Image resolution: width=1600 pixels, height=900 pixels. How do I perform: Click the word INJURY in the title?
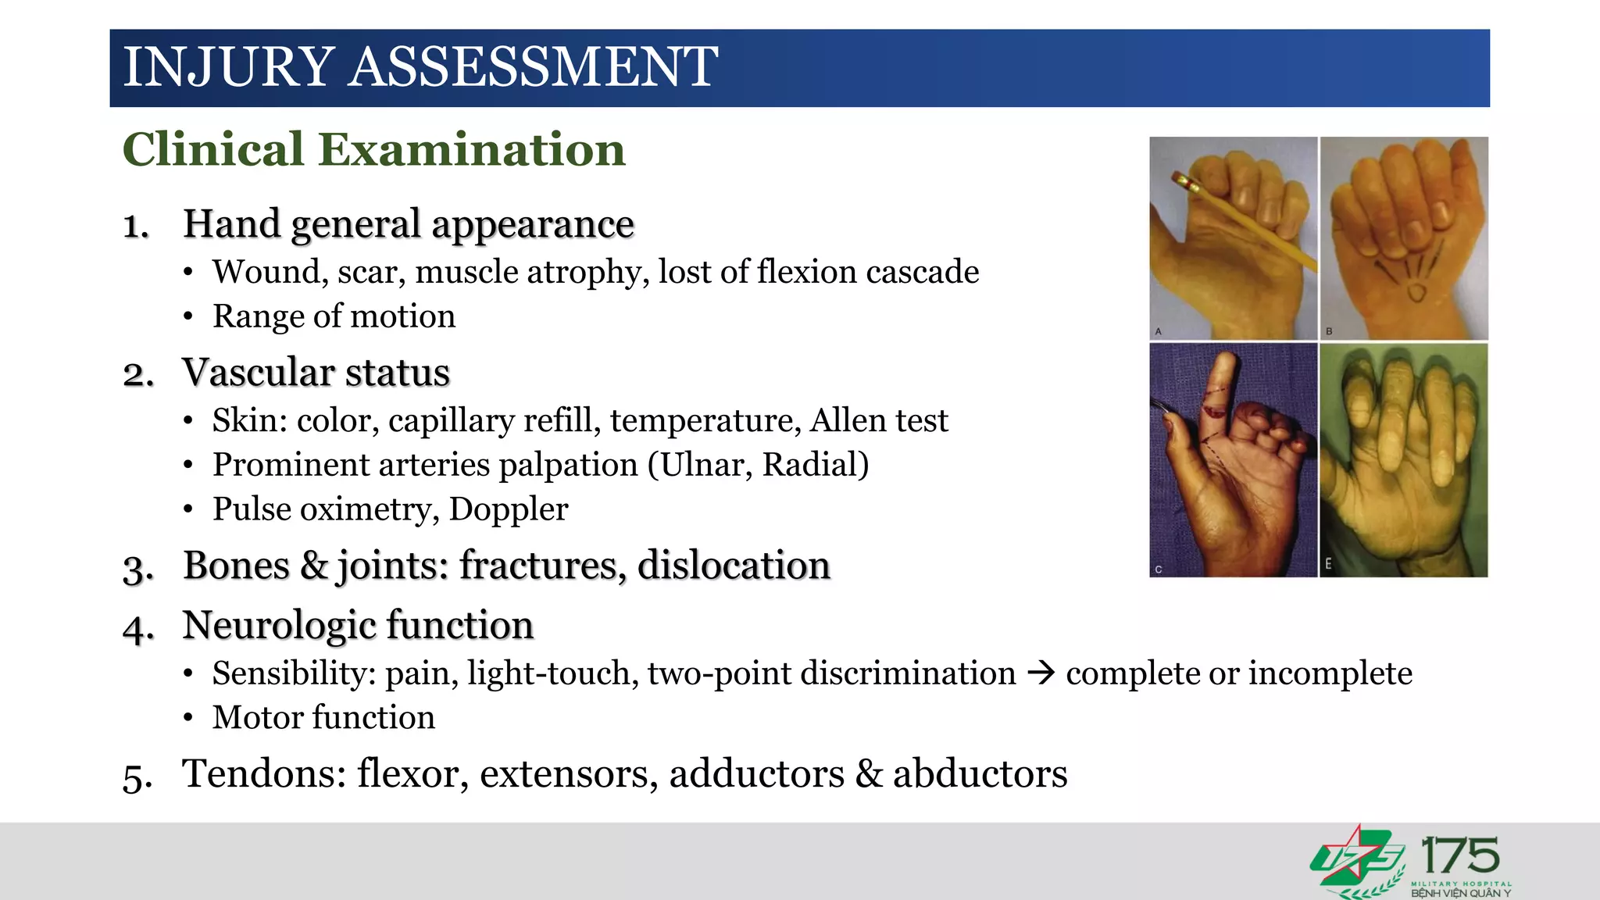pos(229,67)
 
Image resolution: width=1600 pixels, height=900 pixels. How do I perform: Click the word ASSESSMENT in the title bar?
pos(533,67)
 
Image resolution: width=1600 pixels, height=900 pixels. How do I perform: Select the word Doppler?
pos(509,509)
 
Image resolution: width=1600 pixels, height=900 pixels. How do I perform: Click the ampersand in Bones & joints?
pos(314,565)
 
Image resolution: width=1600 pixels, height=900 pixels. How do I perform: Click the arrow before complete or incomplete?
pos(1041,673)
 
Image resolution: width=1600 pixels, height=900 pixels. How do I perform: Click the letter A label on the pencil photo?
pos(1159,331)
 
